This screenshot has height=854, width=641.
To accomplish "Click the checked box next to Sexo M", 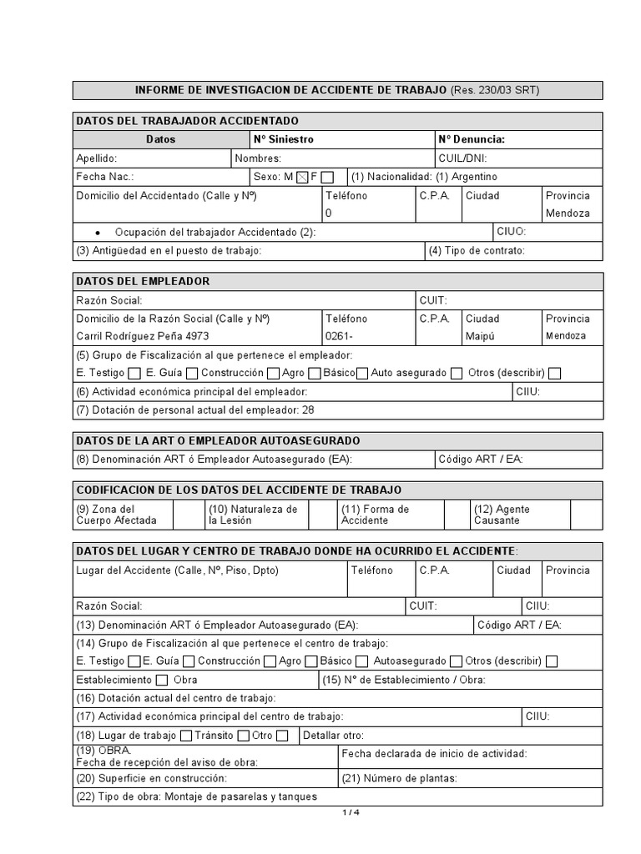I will (x=302, y=177).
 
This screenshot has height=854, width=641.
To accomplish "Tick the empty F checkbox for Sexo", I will (x=327, y=177).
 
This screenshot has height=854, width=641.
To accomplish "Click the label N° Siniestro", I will (x=283, y=139).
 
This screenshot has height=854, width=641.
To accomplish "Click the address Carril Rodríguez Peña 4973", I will (x=143, y=336).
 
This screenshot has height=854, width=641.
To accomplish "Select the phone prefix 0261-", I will (x=339, y=336).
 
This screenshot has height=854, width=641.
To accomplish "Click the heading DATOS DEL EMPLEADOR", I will (x=143, y=281).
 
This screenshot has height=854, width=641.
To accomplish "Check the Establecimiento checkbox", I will (x=162, y=680).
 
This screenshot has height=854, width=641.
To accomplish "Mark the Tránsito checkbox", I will (x=243, y=736).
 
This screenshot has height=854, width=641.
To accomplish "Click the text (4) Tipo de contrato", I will (x=476, y=250).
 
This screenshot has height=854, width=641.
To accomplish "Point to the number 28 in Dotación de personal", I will (x=308, y=409).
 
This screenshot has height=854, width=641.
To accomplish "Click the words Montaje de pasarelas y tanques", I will (x=241, y=796).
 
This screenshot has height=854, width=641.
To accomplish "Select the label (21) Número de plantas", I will (x=399, y=778).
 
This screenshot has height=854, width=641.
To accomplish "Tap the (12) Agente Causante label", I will (x=502, y=515).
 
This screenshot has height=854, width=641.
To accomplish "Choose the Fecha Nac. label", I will (x=104, y=177).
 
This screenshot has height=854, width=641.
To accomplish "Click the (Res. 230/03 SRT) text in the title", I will (x=501, y=90).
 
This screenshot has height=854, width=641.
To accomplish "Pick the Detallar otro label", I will (x=333, y=736).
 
